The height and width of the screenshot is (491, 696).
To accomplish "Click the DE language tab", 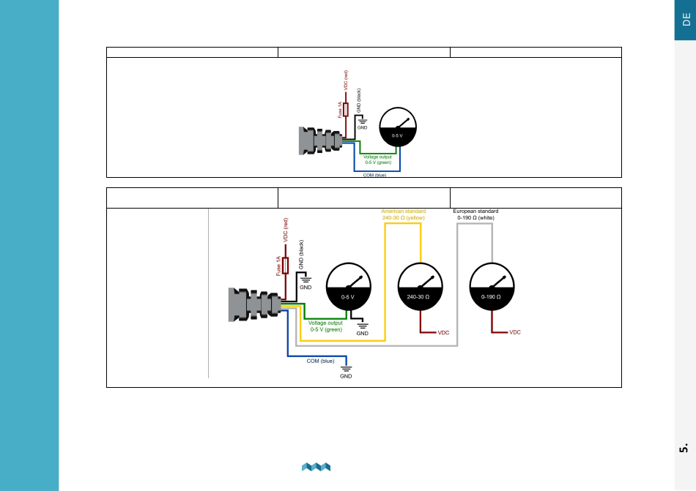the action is (x=685, y=20).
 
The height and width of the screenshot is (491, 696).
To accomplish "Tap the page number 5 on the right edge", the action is (x=684, y=448).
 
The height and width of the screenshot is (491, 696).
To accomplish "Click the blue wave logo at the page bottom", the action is (x=316, y=467).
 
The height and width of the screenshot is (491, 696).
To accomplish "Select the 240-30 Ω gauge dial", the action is (x=421, y=287).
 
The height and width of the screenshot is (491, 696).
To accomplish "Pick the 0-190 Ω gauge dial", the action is (x=492, y=287).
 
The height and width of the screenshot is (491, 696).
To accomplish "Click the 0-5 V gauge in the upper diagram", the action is (x=398, y=127).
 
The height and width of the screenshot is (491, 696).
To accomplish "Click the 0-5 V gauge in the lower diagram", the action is (x=349, y=287).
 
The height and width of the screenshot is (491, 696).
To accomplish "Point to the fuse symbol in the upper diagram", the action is (x=346, y=110).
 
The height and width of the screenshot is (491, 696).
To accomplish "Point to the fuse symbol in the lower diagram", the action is (x=286, y=266).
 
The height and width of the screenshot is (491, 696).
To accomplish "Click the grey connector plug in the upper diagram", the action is (x=320, y=140).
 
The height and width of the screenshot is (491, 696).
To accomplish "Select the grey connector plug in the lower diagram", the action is (x=255, y=304).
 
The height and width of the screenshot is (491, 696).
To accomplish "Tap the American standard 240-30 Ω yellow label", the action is (x=404, y=214).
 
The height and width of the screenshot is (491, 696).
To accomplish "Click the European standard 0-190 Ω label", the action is (x=475, y=214).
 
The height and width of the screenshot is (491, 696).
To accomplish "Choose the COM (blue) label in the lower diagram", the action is (x=320, y=361).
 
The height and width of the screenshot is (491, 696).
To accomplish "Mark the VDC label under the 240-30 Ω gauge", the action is (x=443, y=332).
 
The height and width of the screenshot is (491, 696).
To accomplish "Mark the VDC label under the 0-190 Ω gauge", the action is (x=515, y=332).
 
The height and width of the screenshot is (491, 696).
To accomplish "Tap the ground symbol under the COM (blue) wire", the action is (x=347, y=369).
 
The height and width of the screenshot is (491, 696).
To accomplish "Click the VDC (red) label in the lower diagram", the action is (x=286, y=230).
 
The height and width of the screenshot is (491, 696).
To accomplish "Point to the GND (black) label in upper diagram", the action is (x=359, y=100).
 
